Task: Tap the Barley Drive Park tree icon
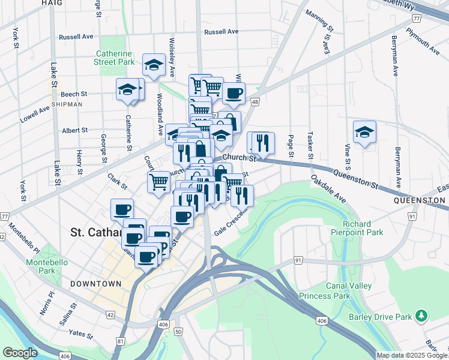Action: point(422,315)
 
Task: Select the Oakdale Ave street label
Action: point(328,188)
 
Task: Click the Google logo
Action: point(20,353)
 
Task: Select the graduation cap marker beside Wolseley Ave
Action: point(154,65)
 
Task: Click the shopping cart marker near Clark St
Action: point(158,181)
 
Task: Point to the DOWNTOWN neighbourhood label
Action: point(95,283)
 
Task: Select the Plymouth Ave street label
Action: point(422,38)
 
